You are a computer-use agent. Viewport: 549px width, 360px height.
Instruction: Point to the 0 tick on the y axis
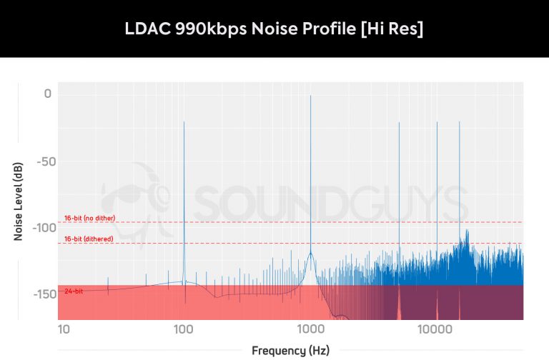(47, 94)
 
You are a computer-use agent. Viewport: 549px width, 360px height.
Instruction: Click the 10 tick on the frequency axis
(64, 329)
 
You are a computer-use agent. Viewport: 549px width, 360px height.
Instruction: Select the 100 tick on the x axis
(184, 329)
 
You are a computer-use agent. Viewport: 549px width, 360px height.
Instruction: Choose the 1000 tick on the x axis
(310, 329)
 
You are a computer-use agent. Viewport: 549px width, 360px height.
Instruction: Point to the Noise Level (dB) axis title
(19, 201)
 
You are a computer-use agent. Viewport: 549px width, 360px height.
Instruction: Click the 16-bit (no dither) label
(89, 218)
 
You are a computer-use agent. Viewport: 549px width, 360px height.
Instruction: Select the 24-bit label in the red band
(73, 291)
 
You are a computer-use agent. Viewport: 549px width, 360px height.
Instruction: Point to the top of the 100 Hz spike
(184, 122)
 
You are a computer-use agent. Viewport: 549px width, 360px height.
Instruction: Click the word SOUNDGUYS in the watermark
(329, 204)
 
